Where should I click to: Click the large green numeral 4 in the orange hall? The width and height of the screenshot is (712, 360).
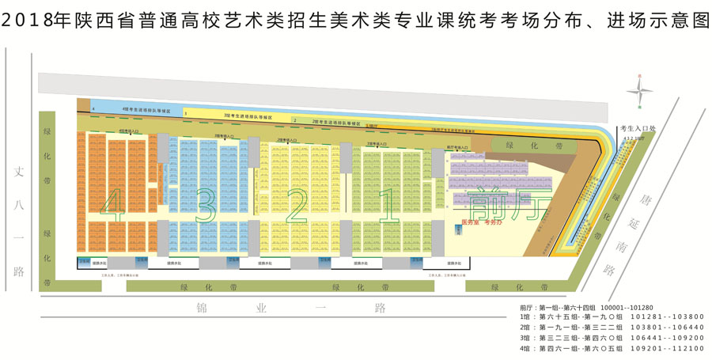pos(112,207)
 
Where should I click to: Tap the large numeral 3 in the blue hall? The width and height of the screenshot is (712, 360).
pos(204,207)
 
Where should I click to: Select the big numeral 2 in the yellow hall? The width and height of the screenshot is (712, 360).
pos(297,207)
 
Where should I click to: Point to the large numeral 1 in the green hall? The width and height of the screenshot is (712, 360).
pos(388,207)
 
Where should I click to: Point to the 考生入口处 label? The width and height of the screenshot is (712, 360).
pos(637,128)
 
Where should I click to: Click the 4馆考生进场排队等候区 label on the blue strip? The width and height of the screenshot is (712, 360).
pos(147,110)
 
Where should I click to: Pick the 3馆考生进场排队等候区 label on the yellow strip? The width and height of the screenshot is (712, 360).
pos(248,116)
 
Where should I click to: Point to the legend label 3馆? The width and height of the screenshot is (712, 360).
pos(525,337)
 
